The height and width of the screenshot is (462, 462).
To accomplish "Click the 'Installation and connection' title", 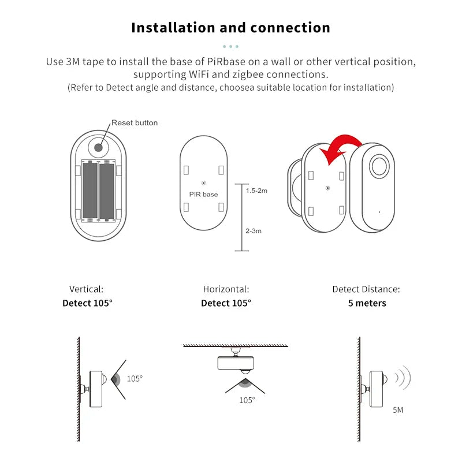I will click(230, 28).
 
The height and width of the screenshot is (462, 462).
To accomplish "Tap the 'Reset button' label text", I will click(134, 122).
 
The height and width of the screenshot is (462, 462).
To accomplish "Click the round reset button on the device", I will click(99, 147).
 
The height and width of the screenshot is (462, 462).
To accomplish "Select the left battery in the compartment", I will click(90, 191).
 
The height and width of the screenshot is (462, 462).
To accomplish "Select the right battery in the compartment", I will click(107, 191).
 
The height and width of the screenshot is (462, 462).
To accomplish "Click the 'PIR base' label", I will click(203, 195).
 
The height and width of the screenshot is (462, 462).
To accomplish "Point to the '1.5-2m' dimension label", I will click(256, 191).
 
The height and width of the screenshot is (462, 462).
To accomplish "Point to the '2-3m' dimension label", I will click(254, 231).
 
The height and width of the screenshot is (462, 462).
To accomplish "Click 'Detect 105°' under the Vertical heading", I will click(87, 303).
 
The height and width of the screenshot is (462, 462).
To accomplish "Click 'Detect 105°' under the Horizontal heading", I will click(226, 303).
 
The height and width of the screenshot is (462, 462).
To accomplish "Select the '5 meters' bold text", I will click(367, 303).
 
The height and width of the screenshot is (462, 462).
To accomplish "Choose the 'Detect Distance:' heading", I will click(366, 289).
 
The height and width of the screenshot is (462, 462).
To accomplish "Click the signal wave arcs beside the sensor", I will click(403, 378).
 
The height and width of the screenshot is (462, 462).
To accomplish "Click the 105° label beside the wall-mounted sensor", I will click(135, 379).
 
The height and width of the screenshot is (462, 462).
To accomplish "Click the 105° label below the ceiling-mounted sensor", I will click(247, 400).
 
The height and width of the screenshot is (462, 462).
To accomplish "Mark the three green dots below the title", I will click(230, 46).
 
